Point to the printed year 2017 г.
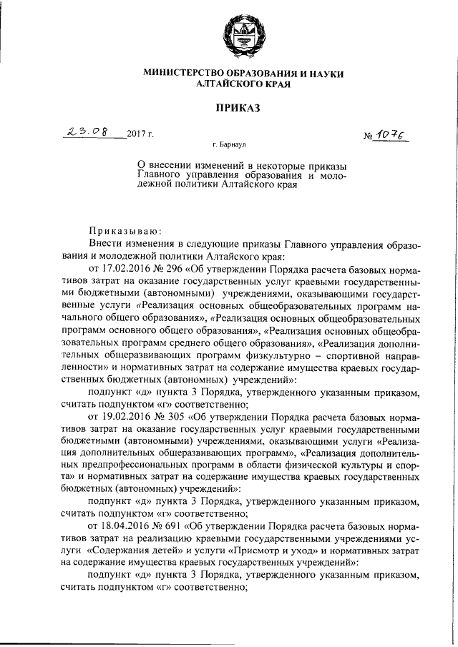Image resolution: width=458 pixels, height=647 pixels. tap(140, 134)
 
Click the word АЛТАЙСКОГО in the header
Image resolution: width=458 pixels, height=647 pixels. tap(233, 84)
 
